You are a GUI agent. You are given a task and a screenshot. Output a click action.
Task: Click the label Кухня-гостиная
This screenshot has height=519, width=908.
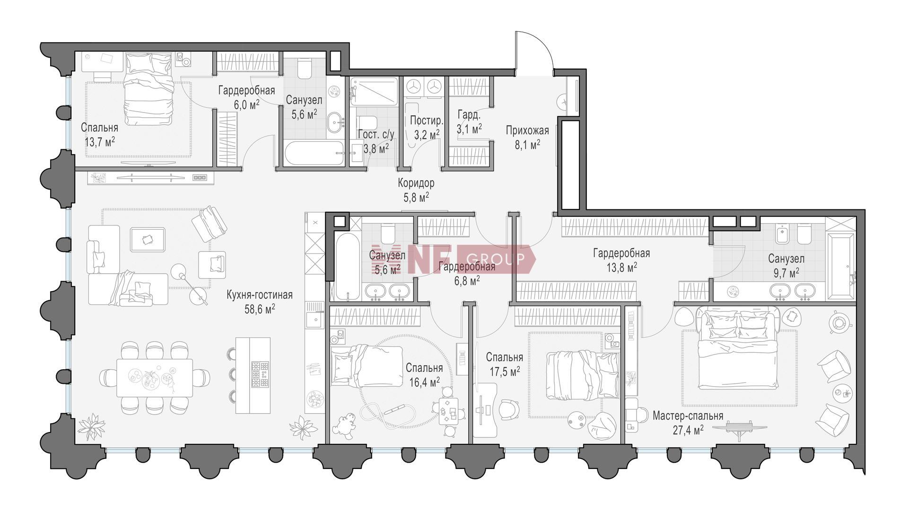coord(259,295)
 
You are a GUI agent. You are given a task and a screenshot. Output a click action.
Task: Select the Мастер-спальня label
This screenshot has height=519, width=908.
coord(688,416)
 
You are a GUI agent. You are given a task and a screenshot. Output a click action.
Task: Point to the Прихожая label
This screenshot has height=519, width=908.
coord(527,130)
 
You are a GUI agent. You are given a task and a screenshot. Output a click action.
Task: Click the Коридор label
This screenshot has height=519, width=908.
coord(416,183)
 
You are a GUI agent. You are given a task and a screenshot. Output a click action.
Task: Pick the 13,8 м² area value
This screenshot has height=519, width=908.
coord(621,268)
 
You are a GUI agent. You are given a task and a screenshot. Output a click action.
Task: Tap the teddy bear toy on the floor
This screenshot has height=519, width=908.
coord(344,424)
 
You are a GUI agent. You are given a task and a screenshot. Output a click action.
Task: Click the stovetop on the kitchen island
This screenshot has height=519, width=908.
coord(260,374)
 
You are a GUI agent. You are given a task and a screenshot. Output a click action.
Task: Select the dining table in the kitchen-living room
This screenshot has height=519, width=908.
coord(155,378)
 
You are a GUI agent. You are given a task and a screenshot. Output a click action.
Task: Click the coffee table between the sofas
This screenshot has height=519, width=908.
coord(148,239)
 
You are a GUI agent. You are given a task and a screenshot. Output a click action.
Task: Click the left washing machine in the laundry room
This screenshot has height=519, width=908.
coord(415,86)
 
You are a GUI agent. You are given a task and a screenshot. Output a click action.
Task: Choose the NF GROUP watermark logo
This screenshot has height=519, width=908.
coord(453,259)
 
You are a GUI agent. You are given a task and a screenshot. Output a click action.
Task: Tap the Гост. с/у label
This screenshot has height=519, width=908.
coord(376,135)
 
